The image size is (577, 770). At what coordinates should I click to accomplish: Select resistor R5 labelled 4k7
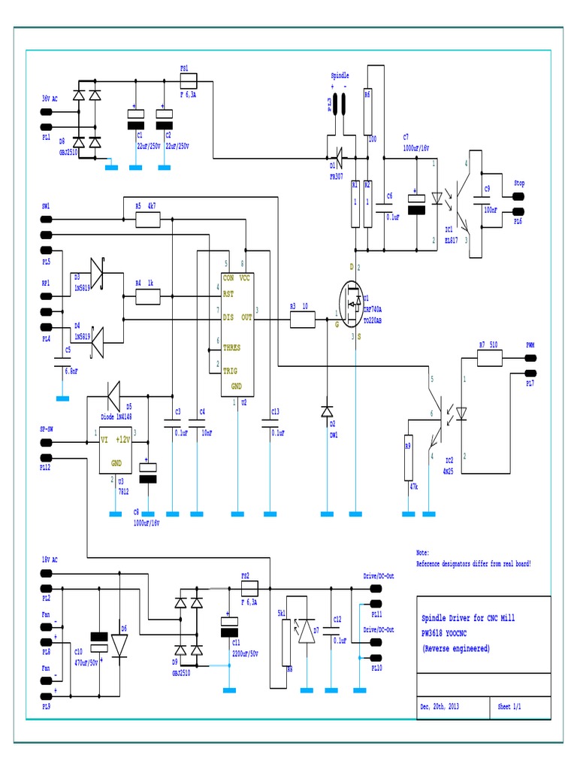tap(148, 220)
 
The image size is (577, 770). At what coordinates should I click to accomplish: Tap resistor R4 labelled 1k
tap(148, 297)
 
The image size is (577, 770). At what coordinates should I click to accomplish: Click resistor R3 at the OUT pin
tap(303, 320)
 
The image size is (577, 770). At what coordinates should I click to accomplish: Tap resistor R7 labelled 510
tap(490, 359)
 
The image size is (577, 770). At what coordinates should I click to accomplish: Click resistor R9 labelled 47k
tap(408, 457)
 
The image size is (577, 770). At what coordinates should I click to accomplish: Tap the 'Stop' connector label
tap(518, 183)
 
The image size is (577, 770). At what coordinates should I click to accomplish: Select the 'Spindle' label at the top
tap(340, 76)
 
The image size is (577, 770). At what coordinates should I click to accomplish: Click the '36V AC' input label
tap(50, 98)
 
